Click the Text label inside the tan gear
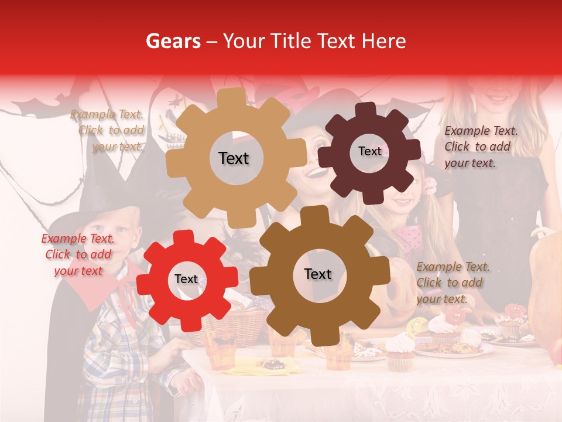(234, 158)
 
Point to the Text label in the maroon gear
(369, 151)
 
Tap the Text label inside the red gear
(186, 279)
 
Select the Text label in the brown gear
(317, 274)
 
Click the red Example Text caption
(78, 255)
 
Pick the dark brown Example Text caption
(481, 147)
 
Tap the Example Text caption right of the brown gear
(453, 283)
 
